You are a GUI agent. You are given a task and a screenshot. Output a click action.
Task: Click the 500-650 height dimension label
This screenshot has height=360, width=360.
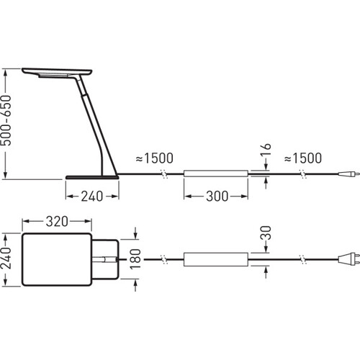6,121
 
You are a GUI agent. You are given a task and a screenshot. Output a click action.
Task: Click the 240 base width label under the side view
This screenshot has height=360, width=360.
92,196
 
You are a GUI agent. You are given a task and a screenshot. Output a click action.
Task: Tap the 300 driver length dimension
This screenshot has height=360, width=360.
217,196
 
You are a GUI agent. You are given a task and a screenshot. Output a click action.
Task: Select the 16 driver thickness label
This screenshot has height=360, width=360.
266,150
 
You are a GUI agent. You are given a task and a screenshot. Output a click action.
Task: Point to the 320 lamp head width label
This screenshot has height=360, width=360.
57,221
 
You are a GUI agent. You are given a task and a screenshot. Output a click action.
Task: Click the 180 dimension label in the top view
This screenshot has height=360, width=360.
135,259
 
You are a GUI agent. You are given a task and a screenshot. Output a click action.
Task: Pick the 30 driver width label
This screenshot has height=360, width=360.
266,233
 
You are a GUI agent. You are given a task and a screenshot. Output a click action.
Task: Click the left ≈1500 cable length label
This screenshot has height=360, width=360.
155,158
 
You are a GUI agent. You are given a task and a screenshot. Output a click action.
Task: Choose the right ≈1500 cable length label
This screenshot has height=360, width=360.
303,158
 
